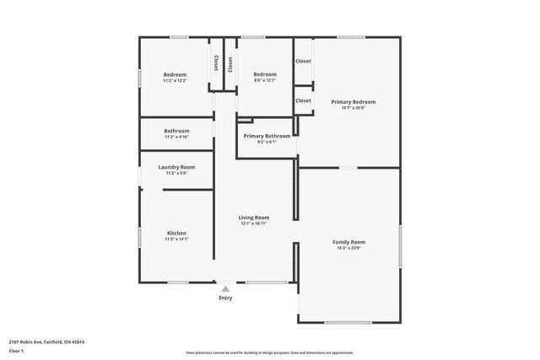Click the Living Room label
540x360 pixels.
pyautogui.click(x=253, y=218)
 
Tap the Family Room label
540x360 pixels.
pyautogui.click(x=348, y=242)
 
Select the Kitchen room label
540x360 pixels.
pyautogui.click(x=176, y=233)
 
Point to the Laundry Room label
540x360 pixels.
pyautogui.click(x=176, y=167)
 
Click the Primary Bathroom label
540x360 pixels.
pyautogui.click(x=267, y=136)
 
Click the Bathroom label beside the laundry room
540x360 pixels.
pyautogui.click(x=176, y=131)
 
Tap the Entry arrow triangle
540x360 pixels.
pyautogui.click(x=225, y=288)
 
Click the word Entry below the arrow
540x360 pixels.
pyautogui.click(x=225, y=298)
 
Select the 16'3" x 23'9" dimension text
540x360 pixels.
pyautogui.click(x=348, y=248)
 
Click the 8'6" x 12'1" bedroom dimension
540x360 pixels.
pyautogui.click(x=265, y=80)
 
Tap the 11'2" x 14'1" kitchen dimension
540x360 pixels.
pyautogui.click(x=176, y=239)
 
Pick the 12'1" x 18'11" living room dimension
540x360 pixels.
pyautogui.click(x=253, y=223)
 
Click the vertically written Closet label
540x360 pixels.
pyautogui.click(x=217, y=63)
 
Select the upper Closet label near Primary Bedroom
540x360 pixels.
pyautogui.click(x=303, y=62)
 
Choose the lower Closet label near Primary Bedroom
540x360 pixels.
pyautogui.click(x=303, y=100)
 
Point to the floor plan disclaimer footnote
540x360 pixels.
pyautogui.click(x=269, y=352)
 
